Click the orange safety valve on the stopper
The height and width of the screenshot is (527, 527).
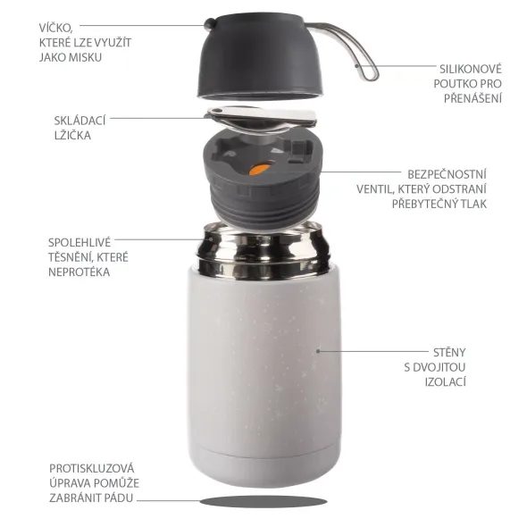coord(257,168)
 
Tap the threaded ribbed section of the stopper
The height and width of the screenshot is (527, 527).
coord(260,202)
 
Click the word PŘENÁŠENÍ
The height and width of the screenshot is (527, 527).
coord(473,98)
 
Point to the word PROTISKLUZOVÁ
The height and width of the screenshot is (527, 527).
coord(92,465)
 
